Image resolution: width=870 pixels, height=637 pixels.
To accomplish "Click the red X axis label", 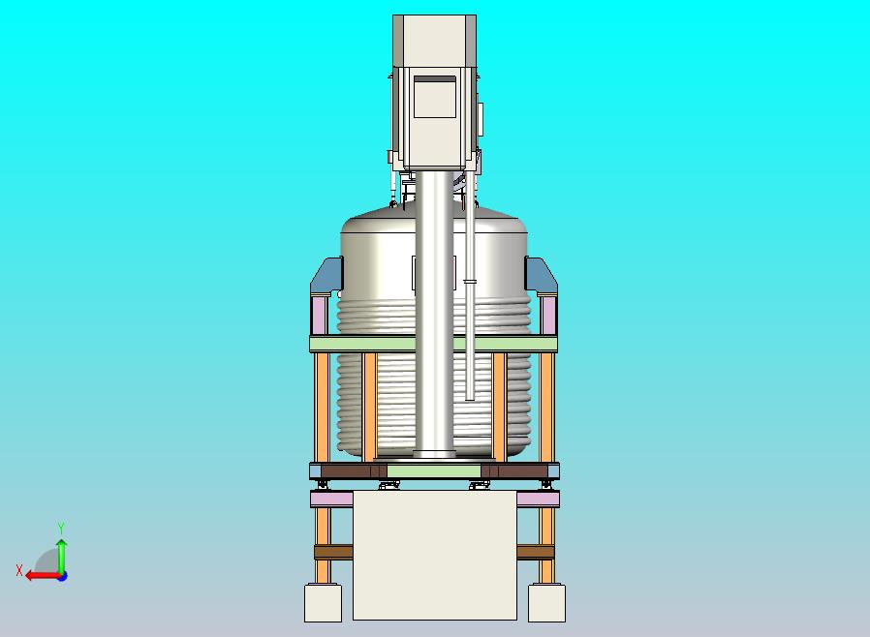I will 19,571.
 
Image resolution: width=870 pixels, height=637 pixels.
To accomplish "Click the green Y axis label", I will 61,529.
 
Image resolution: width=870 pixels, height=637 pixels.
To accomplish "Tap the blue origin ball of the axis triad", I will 61,575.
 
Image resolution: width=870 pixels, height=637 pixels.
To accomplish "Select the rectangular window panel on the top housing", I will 434,97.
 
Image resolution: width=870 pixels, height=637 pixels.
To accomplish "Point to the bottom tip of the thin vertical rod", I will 470,396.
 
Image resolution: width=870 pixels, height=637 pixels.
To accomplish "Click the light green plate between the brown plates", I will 433,471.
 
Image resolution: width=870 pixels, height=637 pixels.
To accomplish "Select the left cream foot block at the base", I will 323,603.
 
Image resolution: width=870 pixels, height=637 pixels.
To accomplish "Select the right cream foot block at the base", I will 546,603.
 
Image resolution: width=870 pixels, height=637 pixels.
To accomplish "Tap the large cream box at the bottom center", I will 434,555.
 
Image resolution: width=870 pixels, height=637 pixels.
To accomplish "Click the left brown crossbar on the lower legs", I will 333,552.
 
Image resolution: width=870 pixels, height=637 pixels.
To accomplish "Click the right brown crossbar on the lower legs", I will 535,552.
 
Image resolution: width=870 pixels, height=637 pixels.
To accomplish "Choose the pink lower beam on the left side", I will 331,500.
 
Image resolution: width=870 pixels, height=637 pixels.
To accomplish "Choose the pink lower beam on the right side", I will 538,500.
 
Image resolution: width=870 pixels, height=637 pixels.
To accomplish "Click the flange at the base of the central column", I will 435,453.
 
